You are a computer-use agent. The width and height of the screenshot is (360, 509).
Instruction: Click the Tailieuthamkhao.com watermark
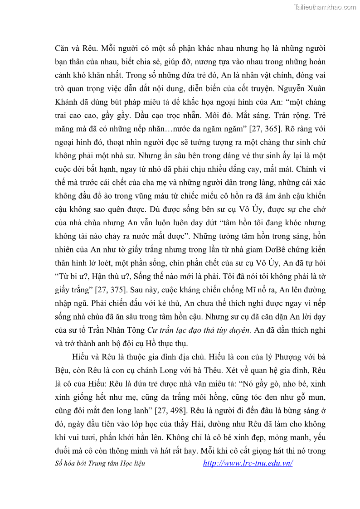click(325, 7)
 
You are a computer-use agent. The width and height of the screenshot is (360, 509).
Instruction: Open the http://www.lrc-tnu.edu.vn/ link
click(248, 463)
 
